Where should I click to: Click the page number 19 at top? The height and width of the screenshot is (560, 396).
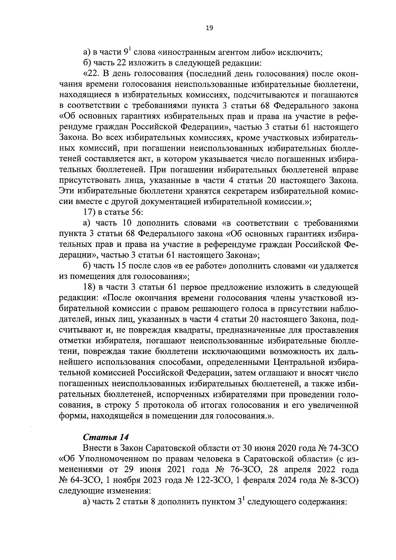[209, 28]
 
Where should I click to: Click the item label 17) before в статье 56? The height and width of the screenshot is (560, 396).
[89, 212]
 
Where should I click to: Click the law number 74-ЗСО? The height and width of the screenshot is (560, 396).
[344, 448]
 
